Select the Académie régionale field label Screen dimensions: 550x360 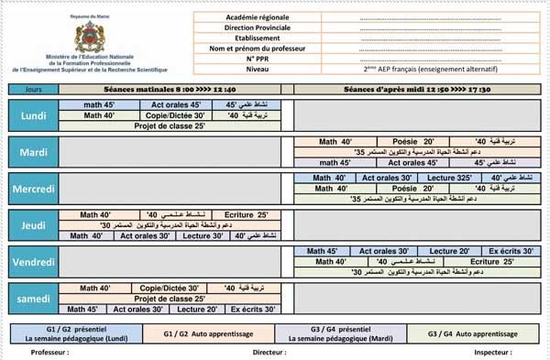pyautogui.click(x=269, y=17)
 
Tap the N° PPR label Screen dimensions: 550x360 pyautogui.click(x=269, y=58)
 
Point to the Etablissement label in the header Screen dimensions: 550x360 pyautogui.click(x=269, y=38)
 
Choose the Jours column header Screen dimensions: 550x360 pyautogui.click(x=34, y=89)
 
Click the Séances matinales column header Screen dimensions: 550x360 pyautogui.click(x=175, y=89)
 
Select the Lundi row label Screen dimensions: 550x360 pyautogui.click(x=34, y=116)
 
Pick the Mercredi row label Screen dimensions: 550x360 pyautogui.click(x=34, y=188)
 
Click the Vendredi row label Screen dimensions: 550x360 pyautogui.click(x=34, y=262)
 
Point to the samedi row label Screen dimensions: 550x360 pyautogui.click(x=34, y=299)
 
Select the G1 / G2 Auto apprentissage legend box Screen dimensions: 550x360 pyautogui.click(x=213, y=333)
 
